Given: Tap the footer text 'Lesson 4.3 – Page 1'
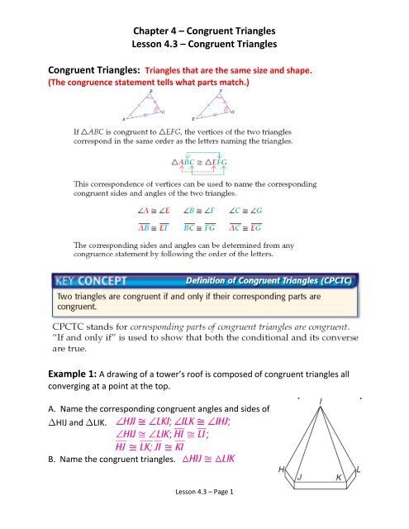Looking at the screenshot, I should pyautogui.click(x=203, y=515).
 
